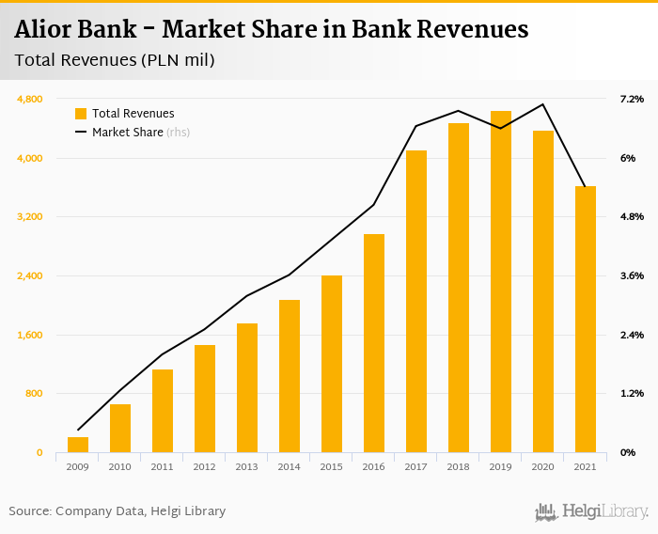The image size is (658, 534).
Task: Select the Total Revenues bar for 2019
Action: pos(500,282)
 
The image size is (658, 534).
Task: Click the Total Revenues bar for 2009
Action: pos(77,445)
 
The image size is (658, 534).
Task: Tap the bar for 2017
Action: pos(415,301)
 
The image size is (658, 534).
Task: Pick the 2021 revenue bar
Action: pos(585,320)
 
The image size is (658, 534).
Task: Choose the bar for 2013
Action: pos(246,387)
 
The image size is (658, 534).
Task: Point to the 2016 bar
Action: pos(373,343)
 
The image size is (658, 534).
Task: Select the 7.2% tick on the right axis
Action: pos(630,99)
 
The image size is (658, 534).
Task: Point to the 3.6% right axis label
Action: pos(630,275)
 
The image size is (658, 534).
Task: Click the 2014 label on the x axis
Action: pos(289,466)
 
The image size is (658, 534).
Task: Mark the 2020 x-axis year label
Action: pos(542,466)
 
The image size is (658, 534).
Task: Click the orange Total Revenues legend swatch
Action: pos(81,114)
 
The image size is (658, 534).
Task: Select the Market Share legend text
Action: pos(128,133)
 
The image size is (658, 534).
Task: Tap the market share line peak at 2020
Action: pos(542,104)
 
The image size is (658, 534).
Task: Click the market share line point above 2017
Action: pos(415,126)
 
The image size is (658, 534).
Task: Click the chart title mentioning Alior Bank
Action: pos(272,30)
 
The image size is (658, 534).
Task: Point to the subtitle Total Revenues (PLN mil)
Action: pos(115,61)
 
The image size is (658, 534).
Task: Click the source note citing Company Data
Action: pos(117,511)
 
